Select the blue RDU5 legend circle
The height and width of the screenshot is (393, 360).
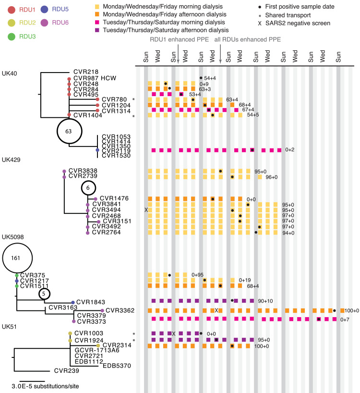click(x=44, y=9)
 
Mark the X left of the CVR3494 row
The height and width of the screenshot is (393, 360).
click(x=146, y=210)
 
